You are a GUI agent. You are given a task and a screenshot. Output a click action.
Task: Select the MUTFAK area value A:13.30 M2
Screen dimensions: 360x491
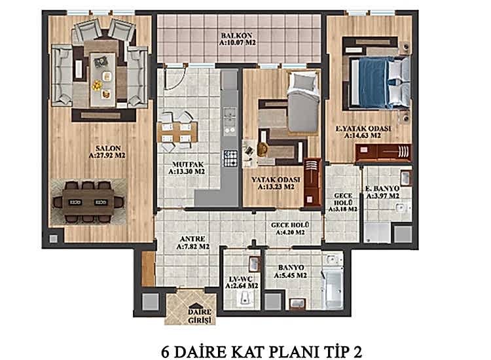click(187, 172)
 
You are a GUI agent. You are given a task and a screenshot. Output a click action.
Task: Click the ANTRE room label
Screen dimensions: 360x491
click(192, 238)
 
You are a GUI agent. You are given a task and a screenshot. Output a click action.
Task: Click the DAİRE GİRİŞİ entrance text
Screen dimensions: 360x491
click(199, 315)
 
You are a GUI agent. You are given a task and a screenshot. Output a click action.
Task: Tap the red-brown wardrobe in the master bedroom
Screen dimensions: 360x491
click(383, 153)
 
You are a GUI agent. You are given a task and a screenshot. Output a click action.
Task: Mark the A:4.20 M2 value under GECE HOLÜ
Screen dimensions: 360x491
click(291, 232)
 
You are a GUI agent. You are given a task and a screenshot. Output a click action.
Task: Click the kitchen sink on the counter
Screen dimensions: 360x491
click(230, 118)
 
